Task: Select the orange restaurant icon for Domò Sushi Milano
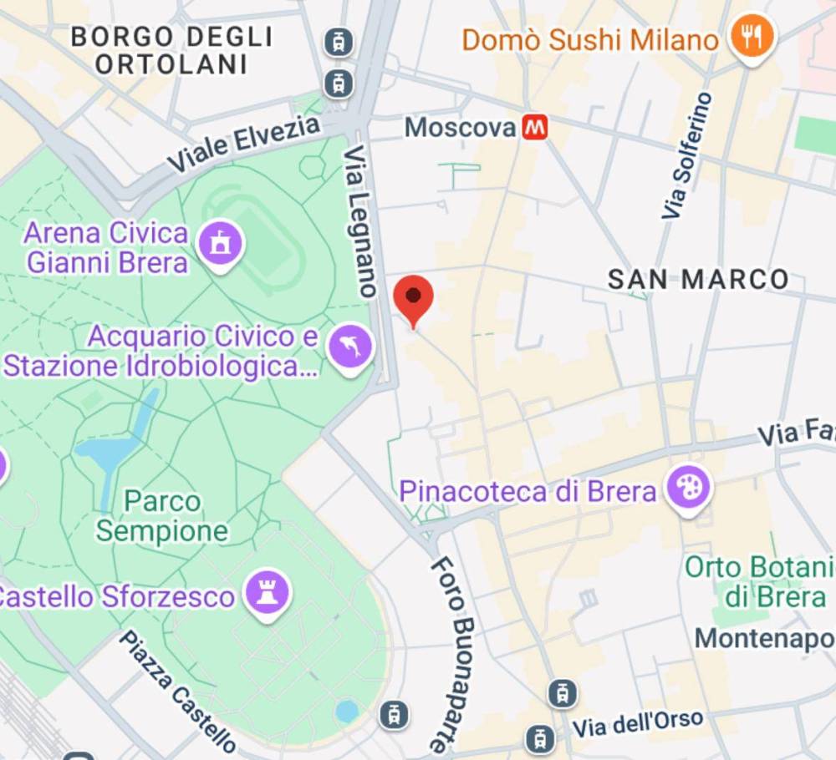[752, 37]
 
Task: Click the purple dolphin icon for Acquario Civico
[350, 347]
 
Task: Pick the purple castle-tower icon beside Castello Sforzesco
[268, 595]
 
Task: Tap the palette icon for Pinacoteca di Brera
[689, 488]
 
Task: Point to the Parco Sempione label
[162, 516]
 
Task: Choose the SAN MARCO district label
[698, 280]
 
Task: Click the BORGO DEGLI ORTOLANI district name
[171, 50]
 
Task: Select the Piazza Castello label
[176, 692]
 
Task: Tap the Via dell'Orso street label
[637, 724]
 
